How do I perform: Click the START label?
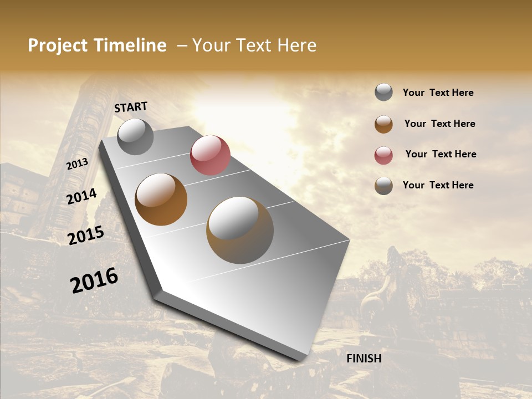(x=131, y=107)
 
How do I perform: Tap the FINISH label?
(x=364, y=359)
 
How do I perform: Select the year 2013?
(x=77, y=164)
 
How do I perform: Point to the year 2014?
(x=81, y=197)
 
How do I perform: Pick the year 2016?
(x=94, y=280)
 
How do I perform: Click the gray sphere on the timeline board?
(x=135, y=136)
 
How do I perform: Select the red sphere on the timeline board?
(x=210, y=155)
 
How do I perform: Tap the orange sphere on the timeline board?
(x=161, y=199)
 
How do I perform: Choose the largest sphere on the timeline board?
(x=240, y=230)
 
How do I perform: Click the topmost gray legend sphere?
(x=383, y=93)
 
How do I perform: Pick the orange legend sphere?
(x=383, y=124)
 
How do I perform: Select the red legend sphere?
(x=383, y=155)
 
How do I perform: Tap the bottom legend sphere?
(x=383, y=186)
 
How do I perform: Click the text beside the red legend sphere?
(x=441, y=154)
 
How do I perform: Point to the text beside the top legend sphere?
(x=438, y=93)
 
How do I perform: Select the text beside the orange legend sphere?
(x=439, y=124)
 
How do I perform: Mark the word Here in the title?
(x=297, y=45)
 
